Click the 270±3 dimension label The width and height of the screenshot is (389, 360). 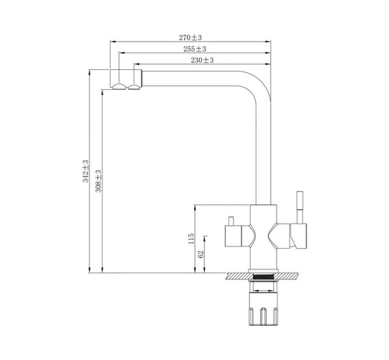tap(190, 37)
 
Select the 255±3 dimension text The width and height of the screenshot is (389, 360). tap(195, 49)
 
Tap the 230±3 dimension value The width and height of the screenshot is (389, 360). tap(202, 60)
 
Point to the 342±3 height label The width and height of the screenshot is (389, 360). tap(86, 171)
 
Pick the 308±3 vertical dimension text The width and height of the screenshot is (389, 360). tap(98, 180)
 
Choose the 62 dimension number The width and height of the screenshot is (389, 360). tap(201, 254)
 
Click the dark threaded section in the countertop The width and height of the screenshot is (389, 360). tap(263, 277)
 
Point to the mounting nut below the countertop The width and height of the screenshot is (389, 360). tap(263, 311)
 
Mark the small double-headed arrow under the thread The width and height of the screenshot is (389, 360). tap(263, 291)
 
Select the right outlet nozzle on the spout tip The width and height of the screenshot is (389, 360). tap(135, 86)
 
